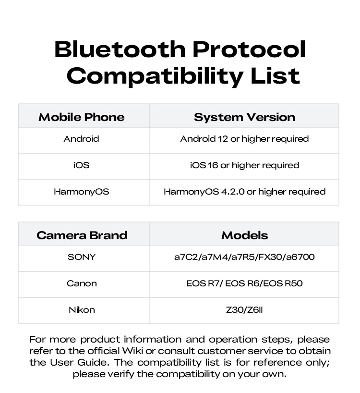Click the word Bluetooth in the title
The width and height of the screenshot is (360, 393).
(120, 49)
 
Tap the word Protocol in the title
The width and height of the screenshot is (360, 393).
(249, 49)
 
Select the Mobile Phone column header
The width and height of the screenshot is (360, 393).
(82, 117)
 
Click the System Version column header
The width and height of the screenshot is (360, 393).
(244, 117)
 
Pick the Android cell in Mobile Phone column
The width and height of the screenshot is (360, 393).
(82, 138)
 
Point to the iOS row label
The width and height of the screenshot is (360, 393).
(82, 165)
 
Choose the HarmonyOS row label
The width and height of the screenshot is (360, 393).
(82, 192)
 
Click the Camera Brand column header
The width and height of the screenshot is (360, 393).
(82, 235)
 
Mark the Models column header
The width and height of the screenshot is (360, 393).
(245, 235)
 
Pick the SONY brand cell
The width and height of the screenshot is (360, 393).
(82, 257)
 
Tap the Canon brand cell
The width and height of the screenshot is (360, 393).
(82, 283)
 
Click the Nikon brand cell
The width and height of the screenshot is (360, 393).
(82, 310)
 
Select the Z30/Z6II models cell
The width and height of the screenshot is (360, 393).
(244, 310)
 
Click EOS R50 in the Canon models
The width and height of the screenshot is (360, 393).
(283, 283)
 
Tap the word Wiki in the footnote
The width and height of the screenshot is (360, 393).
(132, 351)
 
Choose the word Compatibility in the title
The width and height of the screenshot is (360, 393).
(155, 76)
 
